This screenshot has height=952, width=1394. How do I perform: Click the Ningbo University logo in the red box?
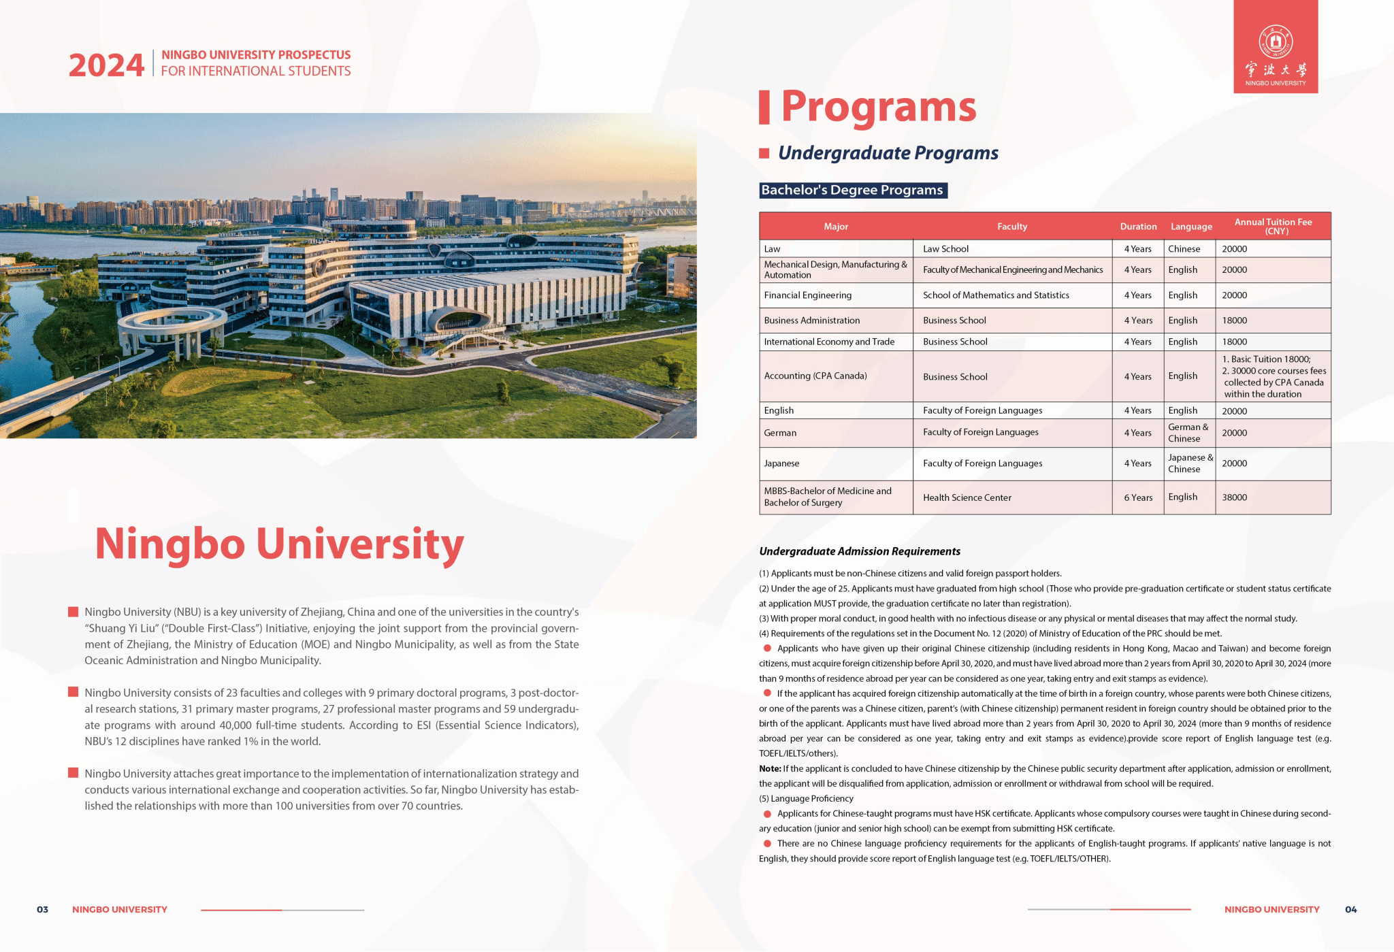(1275, 46)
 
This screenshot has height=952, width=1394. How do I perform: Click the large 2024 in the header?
(106, 66)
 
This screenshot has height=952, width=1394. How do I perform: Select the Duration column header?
(1138, 227)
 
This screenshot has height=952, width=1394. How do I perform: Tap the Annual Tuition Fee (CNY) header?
(1273, 227)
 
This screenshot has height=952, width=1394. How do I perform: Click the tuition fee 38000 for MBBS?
(1234, 497)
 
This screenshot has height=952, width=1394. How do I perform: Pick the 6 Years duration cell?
(1138, 497)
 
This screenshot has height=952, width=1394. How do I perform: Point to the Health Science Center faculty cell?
(967, 497)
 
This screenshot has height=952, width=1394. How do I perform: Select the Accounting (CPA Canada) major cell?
(815, 376)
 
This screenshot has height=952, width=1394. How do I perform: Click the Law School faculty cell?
(945, 249)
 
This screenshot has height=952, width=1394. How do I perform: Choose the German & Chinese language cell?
(1188, 433)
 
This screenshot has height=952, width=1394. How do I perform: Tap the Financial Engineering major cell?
(807, 295)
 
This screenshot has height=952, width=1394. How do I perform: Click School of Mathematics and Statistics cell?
(995, 295)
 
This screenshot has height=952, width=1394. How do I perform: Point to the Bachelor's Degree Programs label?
(852, 191)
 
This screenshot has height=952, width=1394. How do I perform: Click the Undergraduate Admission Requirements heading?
(859, 551)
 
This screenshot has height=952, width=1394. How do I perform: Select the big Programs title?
(878, 108)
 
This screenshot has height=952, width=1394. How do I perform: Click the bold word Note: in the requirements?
(770, 769)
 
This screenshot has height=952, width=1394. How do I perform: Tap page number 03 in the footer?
(42, 909)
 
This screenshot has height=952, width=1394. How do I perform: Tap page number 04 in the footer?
(1350, 909)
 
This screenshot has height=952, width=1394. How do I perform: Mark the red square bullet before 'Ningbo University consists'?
(73, 692)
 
